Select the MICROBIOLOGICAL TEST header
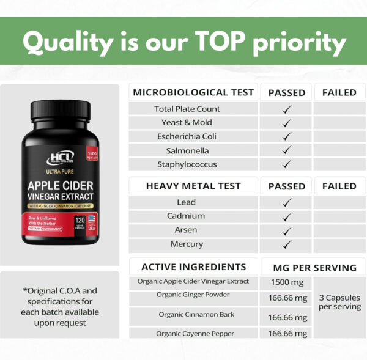[193, 93]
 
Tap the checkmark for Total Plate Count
[286, 109]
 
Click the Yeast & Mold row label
[187, 122]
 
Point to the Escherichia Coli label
[187, 136]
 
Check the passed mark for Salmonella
[286, 150]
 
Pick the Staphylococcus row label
[187, 164]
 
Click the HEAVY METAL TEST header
[193, 186]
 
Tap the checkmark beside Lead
[286, 202]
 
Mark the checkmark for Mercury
[286, 244]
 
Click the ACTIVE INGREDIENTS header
[193, 267]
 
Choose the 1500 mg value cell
[286, 283]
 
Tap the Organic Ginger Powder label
[193, 295]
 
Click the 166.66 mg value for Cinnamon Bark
[287, 318]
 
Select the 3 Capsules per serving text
[339, 302]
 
